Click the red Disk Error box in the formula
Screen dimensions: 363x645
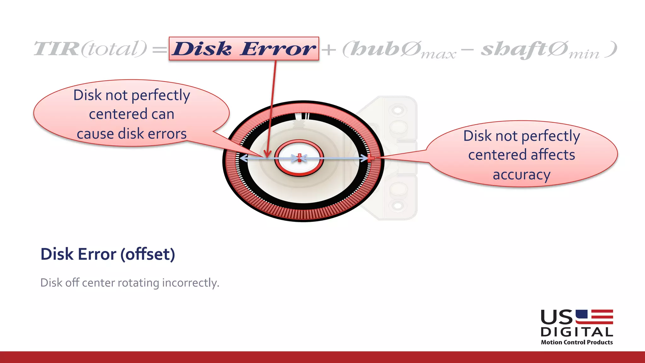[244, 49]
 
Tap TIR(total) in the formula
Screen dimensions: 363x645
[90, 49]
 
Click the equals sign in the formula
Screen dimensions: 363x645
[159, 50]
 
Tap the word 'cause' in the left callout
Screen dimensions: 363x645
[95, 134]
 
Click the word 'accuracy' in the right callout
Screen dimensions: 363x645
[522, 174]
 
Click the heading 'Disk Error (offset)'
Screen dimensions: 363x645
[108, 254]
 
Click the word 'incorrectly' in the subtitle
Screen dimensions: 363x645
[191, 283]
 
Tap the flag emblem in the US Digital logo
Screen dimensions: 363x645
[594, 317]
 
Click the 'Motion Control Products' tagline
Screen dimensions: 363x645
[577, 342]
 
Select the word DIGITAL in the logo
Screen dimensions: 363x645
[577, 332]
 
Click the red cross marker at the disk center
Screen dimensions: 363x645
[299, 158]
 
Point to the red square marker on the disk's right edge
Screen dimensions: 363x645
[371, 158]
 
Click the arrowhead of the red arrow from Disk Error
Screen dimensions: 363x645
[267, 154]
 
